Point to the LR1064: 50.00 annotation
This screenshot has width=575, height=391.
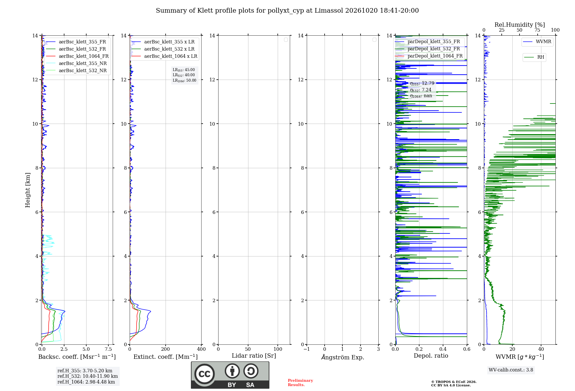[184, 80]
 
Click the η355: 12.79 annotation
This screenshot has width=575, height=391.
[422, 83]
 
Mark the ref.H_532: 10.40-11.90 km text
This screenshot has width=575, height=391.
[88, 376]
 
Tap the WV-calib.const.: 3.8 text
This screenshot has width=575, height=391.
[511, 370]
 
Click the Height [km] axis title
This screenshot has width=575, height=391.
[28, 190]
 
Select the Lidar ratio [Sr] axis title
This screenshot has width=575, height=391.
[254, 356]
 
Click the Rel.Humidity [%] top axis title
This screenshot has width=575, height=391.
[520, 25]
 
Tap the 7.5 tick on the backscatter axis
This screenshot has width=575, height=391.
[108, 349]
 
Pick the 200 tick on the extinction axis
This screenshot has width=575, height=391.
[166, 349]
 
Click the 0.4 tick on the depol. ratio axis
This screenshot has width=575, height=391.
[443, 349]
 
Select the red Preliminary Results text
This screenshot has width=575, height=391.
[300, 383]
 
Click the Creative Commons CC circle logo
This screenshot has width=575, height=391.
[204, 374]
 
